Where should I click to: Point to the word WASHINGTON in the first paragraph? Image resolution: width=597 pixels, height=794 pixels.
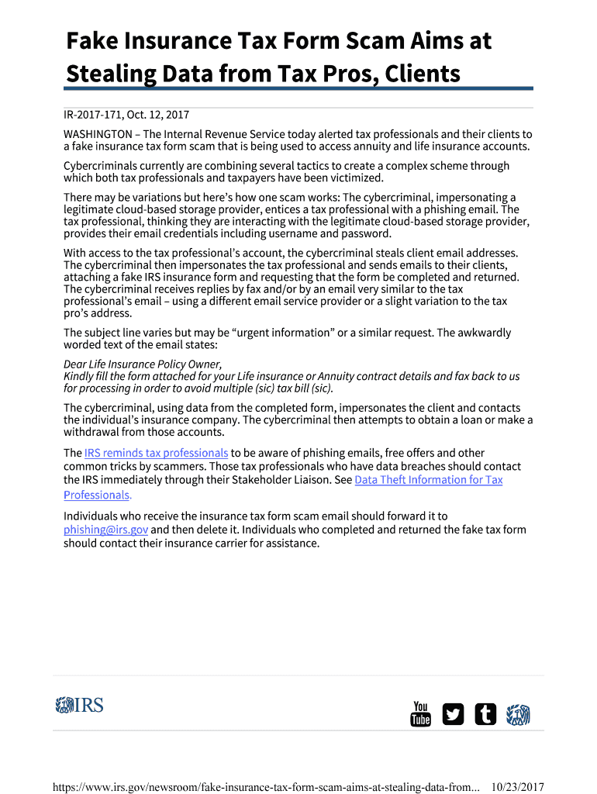(98, 133)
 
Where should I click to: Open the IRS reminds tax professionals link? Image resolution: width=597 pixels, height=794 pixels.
(156, 453)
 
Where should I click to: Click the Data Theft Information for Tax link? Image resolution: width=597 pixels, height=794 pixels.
(428, 480)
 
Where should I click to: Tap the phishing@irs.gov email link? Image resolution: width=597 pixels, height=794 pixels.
(105, 530)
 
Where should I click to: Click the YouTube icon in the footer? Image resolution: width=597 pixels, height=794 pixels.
(420, 713)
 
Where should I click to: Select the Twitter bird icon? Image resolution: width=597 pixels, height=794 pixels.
(453, 714)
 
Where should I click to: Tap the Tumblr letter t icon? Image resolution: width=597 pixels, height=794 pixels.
(485, 714)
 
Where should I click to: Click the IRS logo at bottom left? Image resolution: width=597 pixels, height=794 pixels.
(79, 705)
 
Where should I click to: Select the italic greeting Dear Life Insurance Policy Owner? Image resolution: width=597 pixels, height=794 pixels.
(143, 364)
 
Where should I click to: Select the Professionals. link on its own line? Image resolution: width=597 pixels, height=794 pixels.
(98, 495)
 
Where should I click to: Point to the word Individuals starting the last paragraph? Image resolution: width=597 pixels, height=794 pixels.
(92, 516)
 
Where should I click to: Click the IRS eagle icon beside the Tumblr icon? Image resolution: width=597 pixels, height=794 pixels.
(518, 714)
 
